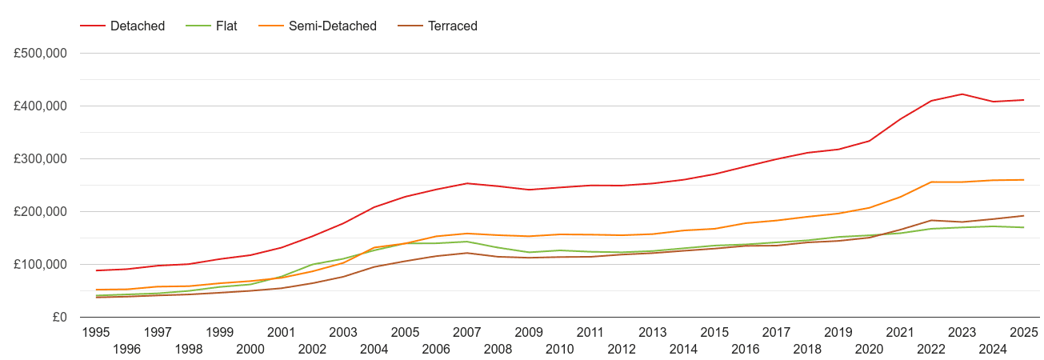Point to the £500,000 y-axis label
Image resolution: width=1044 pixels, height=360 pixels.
[x=40, y=54]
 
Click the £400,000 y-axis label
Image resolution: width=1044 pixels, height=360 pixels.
[x=40, y=106]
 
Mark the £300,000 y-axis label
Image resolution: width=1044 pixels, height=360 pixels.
[x=40, y=159]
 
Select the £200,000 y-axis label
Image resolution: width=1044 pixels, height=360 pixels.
[x=40, y=212]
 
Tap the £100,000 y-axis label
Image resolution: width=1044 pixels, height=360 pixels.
[x=40, y=265]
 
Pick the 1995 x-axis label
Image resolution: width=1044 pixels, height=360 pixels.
[x=96, y=332]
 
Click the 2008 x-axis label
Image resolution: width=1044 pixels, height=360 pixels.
[x=498, y=349]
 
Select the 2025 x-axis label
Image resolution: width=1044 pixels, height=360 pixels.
[x=1024, y=332]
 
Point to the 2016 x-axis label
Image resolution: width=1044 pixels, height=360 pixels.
[x=746, y=349]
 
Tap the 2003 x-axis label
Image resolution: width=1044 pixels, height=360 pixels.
[x=343, y=332]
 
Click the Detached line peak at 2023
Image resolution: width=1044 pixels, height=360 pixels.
[x=962, y=94]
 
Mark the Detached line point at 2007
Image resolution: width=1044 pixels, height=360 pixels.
[x=467, y=183]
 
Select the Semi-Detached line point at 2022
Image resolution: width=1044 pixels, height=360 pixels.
[x=931, y=182]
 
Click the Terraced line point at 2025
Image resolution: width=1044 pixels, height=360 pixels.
[x=1024, y=216]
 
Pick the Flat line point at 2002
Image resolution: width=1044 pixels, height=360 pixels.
[x=313, y=265]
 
